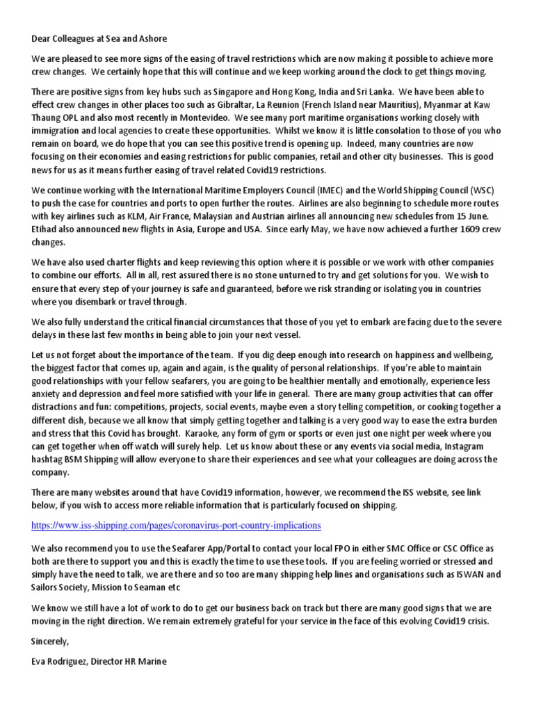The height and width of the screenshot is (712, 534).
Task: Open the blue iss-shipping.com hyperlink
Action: pos(176,524)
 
